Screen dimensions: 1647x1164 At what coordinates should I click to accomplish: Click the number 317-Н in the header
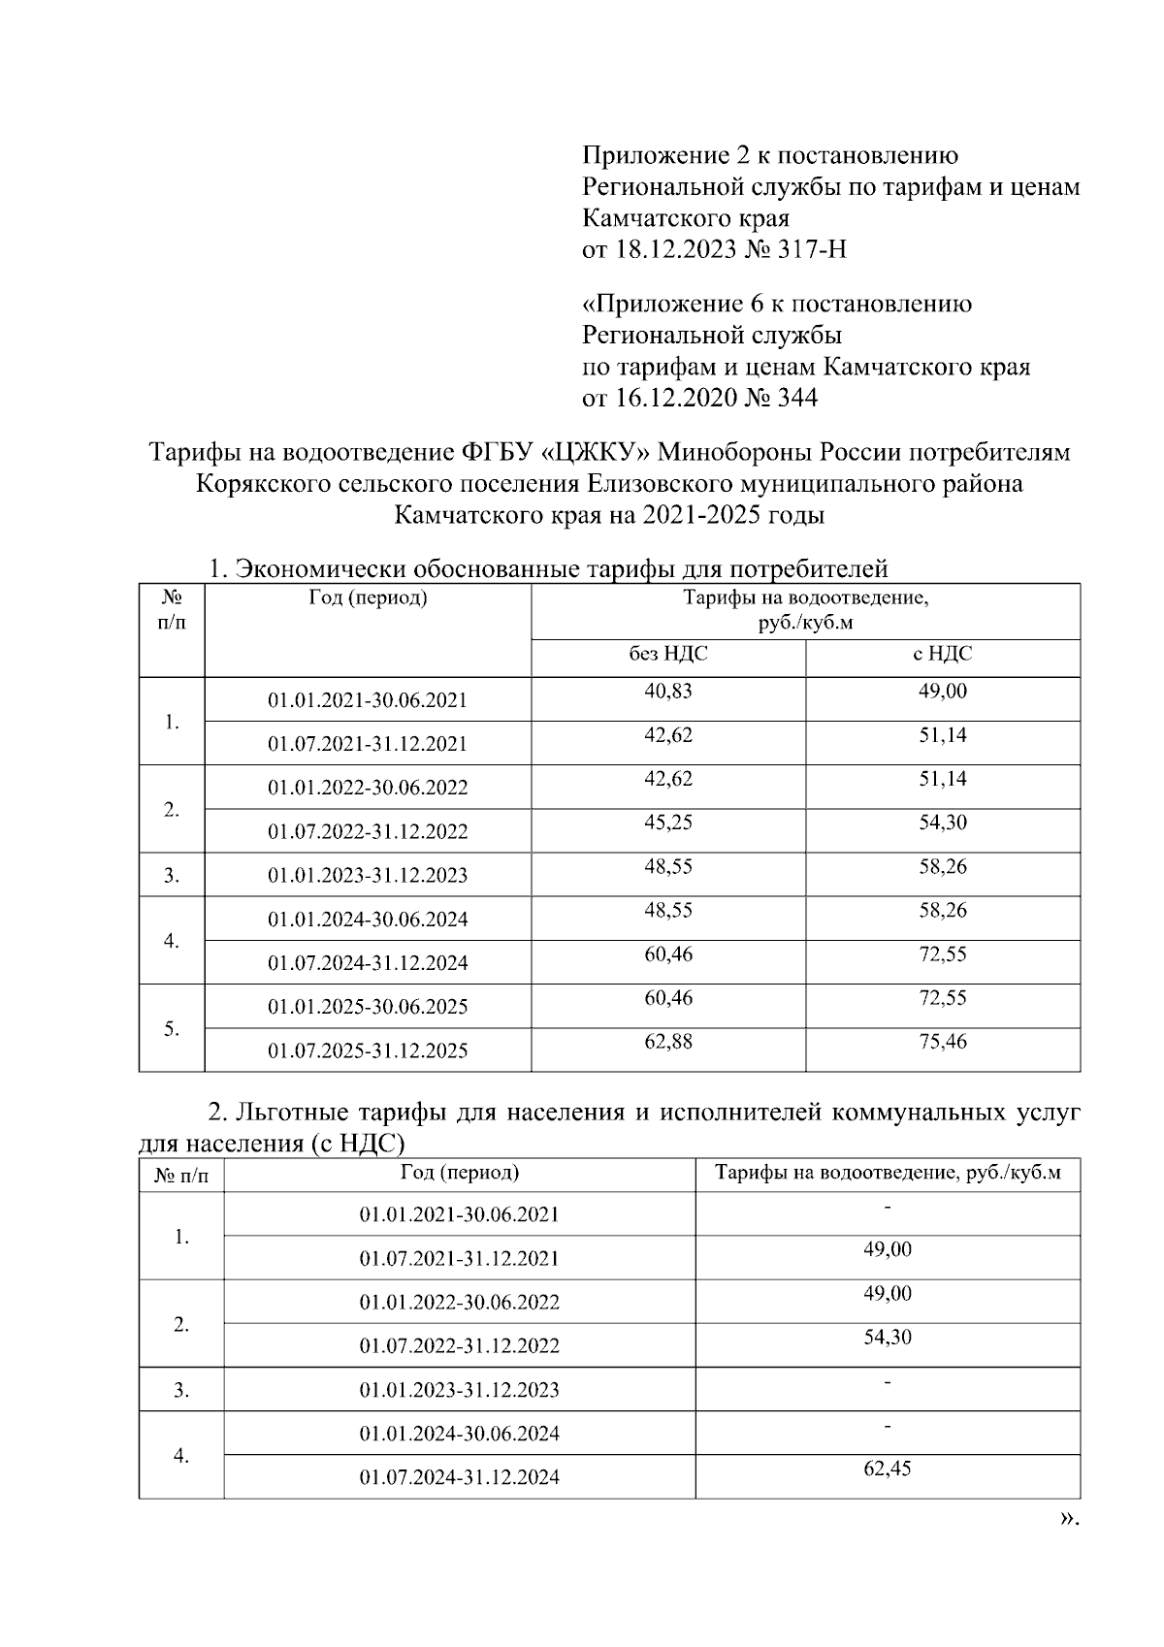813,250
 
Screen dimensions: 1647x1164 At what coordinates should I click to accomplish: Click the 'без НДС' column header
668,655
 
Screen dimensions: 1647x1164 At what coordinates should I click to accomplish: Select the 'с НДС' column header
942,655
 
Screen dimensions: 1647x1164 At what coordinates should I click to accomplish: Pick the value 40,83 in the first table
668,692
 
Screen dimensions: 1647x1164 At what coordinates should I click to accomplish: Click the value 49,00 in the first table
942,692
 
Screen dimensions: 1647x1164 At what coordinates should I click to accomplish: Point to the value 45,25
668,823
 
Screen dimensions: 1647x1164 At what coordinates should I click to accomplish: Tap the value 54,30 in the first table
942,823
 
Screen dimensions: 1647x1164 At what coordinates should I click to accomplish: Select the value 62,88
668,1042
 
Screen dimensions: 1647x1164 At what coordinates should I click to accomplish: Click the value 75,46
942,1042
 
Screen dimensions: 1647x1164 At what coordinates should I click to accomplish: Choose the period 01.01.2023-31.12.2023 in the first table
368,876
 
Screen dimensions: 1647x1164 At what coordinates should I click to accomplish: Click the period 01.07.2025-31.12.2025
368,1050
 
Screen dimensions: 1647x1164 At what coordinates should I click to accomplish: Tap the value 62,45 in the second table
888,1469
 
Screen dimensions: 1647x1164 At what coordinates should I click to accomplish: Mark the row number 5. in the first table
172,1029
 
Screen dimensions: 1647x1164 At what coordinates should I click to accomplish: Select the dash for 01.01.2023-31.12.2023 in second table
888,1381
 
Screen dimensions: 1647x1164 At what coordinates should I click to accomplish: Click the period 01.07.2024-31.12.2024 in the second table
459,1478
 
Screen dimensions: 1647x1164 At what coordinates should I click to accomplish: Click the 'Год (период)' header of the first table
368,598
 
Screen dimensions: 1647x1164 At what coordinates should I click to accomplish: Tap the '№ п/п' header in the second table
181,1176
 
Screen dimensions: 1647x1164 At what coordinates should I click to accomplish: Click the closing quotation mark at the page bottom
1067,1519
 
